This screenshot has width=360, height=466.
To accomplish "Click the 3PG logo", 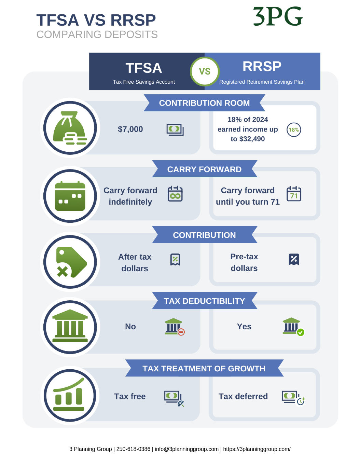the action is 278,16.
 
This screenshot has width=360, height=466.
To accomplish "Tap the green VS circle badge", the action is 205,71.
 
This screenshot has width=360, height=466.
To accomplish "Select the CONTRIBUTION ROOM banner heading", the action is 204,103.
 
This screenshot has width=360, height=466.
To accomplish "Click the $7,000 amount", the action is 130,129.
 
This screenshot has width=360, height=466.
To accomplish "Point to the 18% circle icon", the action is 294,130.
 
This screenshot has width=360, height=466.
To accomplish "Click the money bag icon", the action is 70,128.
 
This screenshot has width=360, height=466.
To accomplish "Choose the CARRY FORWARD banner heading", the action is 204,169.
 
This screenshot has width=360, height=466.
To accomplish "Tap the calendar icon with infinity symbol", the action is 175,194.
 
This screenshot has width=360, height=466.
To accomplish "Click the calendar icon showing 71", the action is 294,194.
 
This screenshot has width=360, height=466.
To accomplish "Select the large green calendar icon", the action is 70,196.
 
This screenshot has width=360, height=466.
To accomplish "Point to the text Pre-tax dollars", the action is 244,262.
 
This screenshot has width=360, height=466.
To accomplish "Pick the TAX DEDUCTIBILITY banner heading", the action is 204,301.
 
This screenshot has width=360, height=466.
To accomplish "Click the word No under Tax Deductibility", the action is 130,326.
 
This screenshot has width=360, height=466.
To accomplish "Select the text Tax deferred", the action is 243,396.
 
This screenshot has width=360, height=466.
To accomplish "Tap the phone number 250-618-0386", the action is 133,449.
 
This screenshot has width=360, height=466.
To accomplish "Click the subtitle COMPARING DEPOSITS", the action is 97,34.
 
